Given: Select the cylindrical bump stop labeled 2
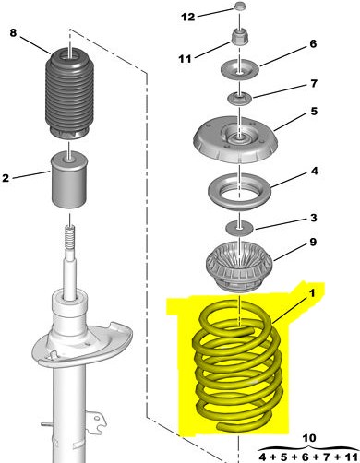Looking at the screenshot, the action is (x=69, y=180).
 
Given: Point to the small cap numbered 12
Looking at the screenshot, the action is (x=239, y=6).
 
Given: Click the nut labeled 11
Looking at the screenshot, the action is (x=239, y=37).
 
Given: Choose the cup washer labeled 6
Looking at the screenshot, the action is (x=240, y=70).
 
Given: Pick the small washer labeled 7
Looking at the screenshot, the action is (x=239, y=99).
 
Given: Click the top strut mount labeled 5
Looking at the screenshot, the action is (x=235, y=140).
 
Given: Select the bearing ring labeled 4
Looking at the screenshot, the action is (x=239, y=193).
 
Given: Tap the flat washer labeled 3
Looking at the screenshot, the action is (x=239, y=228).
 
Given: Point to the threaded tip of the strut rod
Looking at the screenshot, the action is (x=70, y=237).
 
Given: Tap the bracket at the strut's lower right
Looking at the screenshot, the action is (x=96, y=421).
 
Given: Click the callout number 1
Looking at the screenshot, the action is (x=312, y=293).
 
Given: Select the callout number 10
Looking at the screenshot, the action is (x=308, y=438).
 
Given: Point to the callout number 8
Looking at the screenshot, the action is (x=13, y=32).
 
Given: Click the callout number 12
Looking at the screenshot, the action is (x=187, y=17).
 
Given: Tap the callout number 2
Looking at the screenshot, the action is (x=6, y=178).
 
